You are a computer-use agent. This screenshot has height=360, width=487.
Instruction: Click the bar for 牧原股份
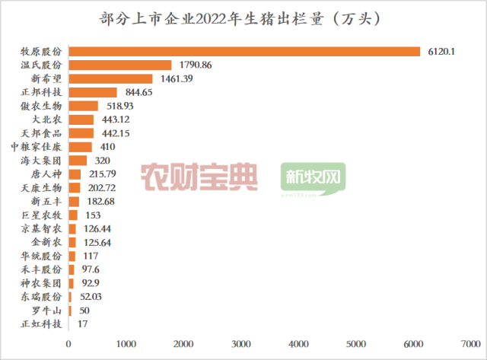click(243, 51)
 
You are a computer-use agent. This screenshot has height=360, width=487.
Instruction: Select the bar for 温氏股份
click(120, 65)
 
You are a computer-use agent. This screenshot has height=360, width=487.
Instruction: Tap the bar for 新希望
click(110, 78)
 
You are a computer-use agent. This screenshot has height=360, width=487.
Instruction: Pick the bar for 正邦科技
click(93, 92)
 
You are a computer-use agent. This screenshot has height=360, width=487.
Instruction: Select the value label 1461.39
click(175, 78)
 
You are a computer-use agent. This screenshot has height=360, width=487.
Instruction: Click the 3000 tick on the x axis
click(242, 343)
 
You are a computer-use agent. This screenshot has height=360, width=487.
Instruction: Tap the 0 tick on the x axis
click(69, 343)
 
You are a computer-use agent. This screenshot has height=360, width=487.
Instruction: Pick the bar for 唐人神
click(75, 174)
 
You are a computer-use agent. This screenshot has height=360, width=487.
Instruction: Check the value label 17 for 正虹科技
click(78, 324)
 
